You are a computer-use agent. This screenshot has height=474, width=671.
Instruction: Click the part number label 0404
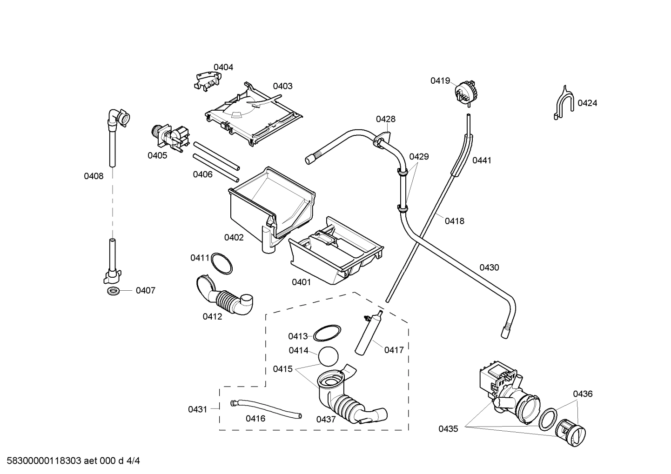223,67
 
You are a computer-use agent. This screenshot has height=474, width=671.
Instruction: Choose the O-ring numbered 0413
326,333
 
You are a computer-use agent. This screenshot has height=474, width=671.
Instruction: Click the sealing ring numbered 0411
222,264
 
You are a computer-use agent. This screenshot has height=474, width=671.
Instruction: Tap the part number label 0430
489,267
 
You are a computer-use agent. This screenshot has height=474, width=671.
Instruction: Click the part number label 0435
448,429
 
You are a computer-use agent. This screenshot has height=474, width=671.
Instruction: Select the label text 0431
197,409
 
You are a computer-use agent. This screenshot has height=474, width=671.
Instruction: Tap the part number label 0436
583,394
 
